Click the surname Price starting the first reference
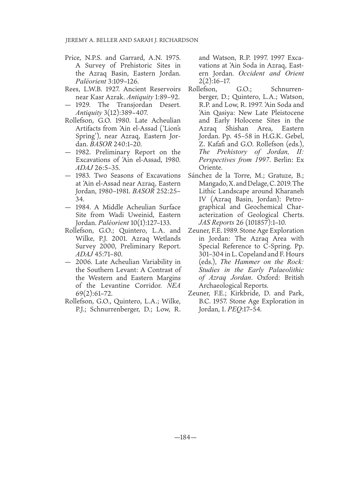coord(72,58)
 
